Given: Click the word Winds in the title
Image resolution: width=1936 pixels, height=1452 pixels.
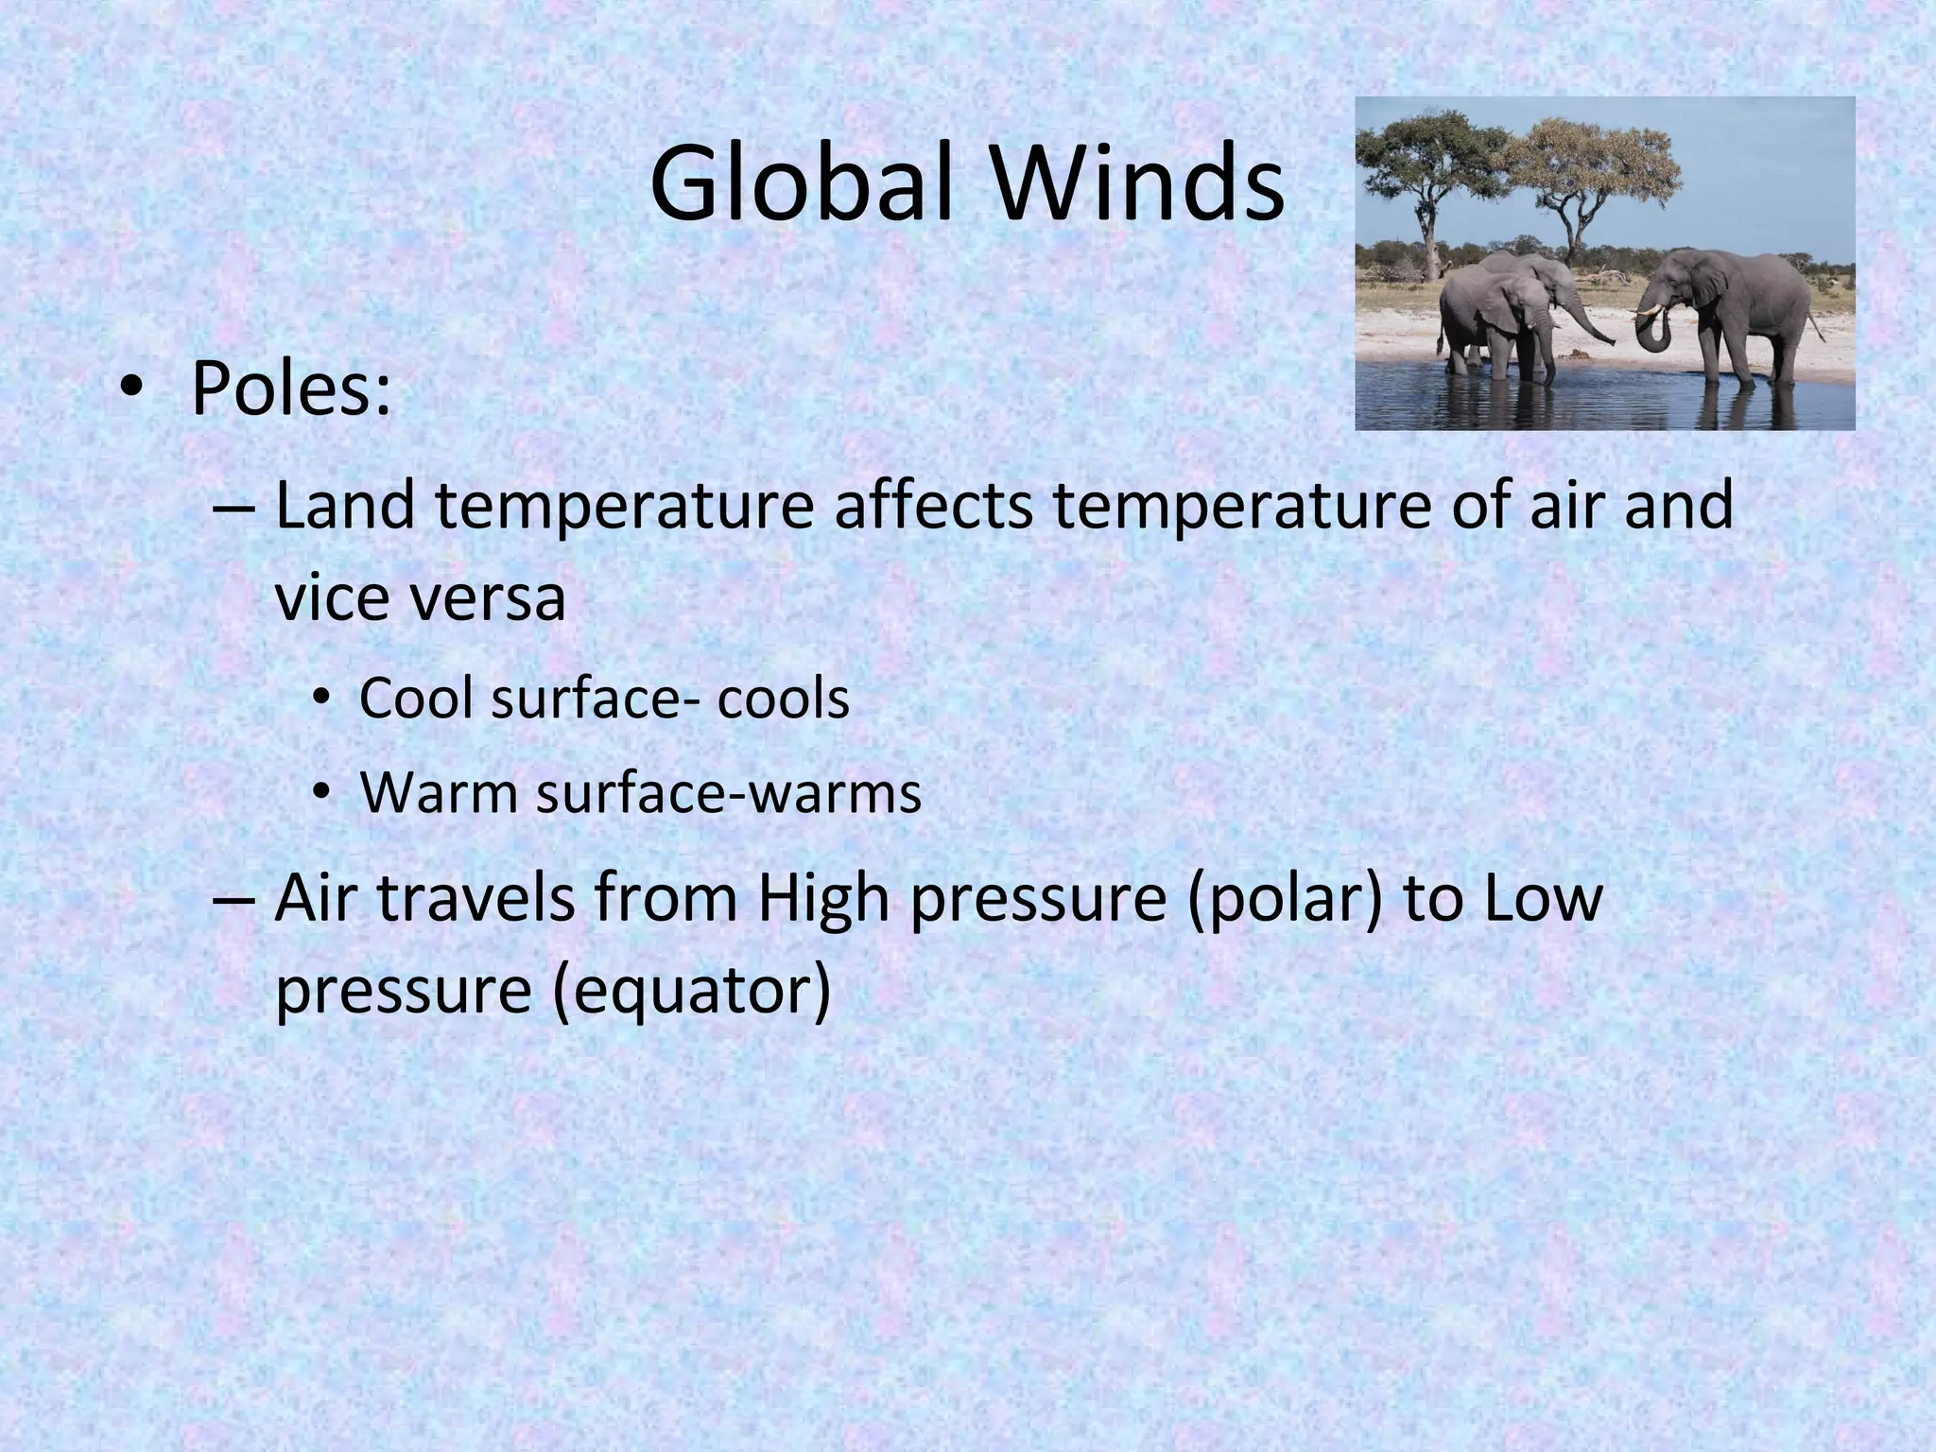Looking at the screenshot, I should [1135, 184].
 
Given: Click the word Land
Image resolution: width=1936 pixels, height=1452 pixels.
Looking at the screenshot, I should [345, 505].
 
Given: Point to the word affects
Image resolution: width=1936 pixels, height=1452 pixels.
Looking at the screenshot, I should [934, 505].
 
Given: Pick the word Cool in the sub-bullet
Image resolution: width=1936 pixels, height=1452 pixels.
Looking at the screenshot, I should [416, 700].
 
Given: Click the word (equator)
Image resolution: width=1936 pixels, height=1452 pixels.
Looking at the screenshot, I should [690, 991].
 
